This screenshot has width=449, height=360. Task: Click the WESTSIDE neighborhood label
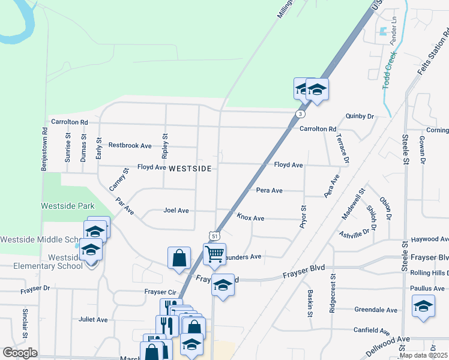[x=190, y=169]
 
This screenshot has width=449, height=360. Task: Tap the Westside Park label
[x=68, y=206]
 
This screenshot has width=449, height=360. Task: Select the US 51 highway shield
[x=215, y=236]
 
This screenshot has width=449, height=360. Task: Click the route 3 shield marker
[x=300, y=113]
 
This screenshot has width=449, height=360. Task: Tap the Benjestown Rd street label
[x=44, y=149]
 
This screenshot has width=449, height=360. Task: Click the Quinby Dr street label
[x=360, y=116]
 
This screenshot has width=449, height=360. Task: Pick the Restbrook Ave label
[x=130, y=145]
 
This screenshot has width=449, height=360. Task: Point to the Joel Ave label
[x=176, y=211]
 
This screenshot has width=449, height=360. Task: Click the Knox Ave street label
[x=250, y=218]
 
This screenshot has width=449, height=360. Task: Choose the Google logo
[x=20, y=353]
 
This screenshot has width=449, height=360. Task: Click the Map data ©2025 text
[x=423, y=355]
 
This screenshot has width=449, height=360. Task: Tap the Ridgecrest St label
[x=332, y=294]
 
